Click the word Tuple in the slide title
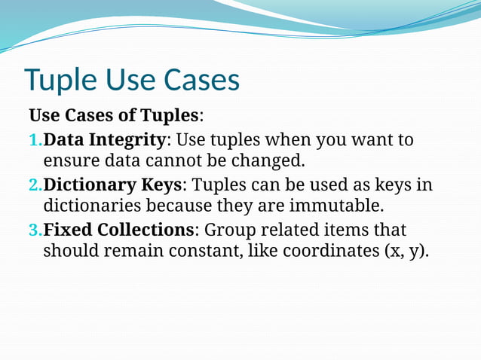pyautogui.click(x=60, y=81)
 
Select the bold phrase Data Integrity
pyautogui.click(x=105, y=139)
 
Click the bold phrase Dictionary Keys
pyautogui.click(x=113, y=185)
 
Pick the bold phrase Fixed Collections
pyautogui.click(x=119, y=229)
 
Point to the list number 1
pyautogui.click(x=34, y=140)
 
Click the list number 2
pyautogui.click(x=34, y=185)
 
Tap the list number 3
pyautogui.click(x=34, y=230)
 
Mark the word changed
pyautogui.click(x=266, y=160)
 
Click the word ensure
pyautogui.click(x=69, y=160)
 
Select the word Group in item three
pyautogui.click(x=228, y=229)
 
